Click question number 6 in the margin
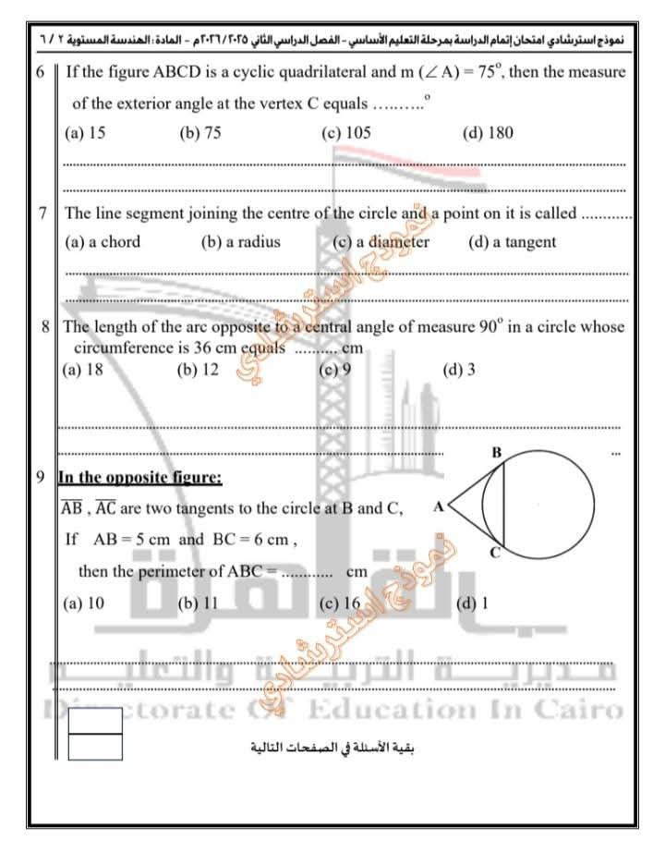point(42,72)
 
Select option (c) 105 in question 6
point(346,132)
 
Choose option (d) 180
point(488,132)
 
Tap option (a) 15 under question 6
point(85,132)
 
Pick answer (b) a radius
point(240,242)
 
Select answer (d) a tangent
point(512,242)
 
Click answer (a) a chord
point(103,242)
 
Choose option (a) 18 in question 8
point(82,370)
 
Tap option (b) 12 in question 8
point(198,370)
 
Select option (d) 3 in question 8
point(459,370)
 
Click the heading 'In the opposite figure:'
point(139,478)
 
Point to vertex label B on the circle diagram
point(496,453)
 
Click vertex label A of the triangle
point(438,506)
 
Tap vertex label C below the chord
point(496,553)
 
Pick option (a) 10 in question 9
point(83,603)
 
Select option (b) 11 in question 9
point(198,603)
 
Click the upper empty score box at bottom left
point(94,720)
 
